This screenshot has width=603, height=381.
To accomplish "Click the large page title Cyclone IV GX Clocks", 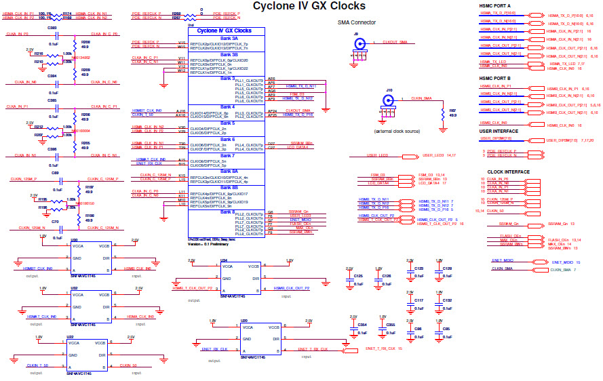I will click(309, 6).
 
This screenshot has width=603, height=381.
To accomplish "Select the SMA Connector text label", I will click(356, 22).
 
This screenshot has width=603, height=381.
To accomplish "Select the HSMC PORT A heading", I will click(495, 6).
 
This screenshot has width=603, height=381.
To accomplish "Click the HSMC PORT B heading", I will click(495, 77).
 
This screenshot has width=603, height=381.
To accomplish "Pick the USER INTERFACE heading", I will click(499, 131).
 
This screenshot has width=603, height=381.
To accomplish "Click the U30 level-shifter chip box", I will click(91, 260).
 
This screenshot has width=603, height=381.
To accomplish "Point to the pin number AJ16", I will click(181, 111).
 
